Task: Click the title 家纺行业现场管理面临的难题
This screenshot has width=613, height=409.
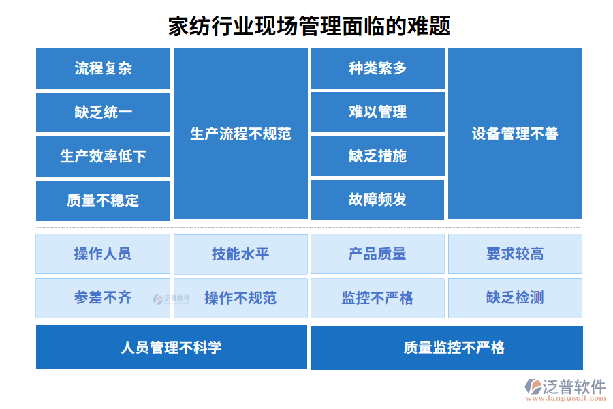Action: tap(309, 27)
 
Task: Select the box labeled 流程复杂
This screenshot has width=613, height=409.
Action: tap(103, 68)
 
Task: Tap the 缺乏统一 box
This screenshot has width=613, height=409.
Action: tap(103, 112)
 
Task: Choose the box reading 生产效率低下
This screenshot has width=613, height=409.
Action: tap(103, 156)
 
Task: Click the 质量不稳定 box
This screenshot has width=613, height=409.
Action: tap(103, 200)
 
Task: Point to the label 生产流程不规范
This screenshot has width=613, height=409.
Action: tap(240, 134)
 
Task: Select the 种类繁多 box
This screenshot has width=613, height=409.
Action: tap(377, 68)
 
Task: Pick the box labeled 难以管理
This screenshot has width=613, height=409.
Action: tap(377, 112)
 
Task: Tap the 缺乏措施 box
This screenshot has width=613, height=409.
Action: tap(377, 156)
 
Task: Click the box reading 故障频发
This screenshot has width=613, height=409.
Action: tap(377, 200)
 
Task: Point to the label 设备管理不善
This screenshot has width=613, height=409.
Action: tap(515, 134)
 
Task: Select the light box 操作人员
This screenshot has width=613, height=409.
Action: tap(103, 254)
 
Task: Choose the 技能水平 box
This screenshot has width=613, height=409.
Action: tap(240, 254)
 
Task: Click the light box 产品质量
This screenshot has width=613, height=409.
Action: tap(377, 254)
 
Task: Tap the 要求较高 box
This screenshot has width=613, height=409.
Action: tap(515, 254)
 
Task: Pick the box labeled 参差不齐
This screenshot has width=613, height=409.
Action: tap(103, 298)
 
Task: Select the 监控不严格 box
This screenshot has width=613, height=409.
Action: tap(377, 298)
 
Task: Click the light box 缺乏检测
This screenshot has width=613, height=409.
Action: tap(515, 298)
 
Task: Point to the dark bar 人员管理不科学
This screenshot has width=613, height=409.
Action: tap(172, 348)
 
